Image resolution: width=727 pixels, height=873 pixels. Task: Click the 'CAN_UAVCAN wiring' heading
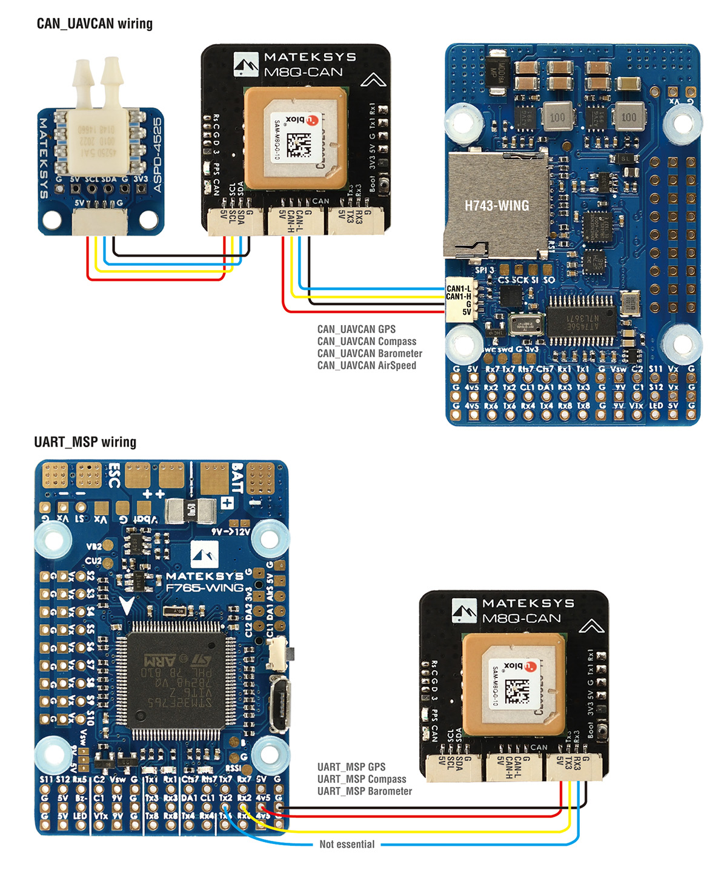95,24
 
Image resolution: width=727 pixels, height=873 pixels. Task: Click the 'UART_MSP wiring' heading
85,442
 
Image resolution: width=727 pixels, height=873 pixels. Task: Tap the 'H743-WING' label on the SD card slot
497,206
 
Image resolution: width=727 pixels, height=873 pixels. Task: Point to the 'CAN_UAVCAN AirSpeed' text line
367,366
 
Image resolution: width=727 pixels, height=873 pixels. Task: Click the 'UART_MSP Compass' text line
362,779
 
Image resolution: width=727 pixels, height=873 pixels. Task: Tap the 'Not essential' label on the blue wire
347,845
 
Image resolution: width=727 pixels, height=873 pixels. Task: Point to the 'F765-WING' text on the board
204,588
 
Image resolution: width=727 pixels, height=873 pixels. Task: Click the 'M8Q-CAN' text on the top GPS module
303,72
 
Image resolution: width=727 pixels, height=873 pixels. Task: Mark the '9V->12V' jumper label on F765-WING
230,532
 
